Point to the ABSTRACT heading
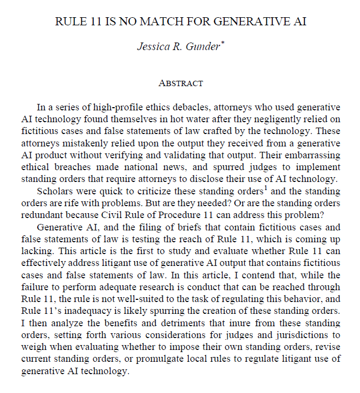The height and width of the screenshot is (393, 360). coord(181,83)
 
